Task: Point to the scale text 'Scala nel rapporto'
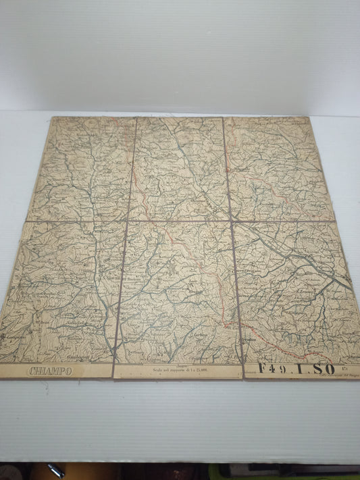tap(178, 370)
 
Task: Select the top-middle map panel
tap(179, 169)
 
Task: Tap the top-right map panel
tap(277, 169)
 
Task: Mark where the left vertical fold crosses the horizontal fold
tap(128, 221)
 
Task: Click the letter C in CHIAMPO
tap(32, 371)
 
